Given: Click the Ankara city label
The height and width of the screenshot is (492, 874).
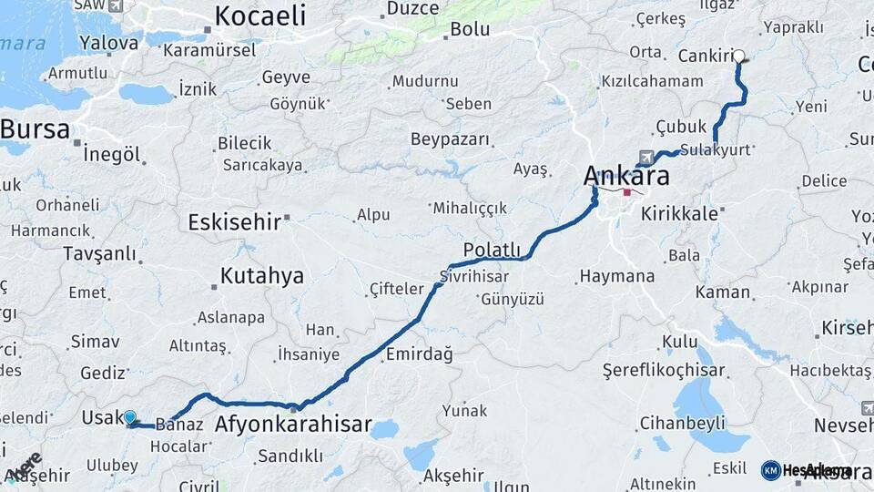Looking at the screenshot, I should [626, 175].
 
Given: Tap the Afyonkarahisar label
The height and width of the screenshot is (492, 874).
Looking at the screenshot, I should [293, 424].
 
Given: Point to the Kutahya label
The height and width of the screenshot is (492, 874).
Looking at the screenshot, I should [261, 276].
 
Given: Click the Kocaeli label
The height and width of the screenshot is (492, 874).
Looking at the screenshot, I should [259, 15].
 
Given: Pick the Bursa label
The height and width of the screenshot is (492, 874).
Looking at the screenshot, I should [35, 129].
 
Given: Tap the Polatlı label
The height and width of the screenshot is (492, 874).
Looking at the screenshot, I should [492, 250].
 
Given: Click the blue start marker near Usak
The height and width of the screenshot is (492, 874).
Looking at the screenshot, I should [130, 417].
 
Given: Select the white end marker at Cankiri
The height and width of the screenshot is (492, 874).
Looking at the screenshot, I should [739, 56].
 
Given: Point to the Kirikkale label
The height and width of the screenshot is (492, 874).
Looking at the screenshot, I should [679, 213].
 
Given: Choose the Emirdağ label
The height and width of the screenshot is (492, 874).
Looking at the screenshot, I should [420, 354].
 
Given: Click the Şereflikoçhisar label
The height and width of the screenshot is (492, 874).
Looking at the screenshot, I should [664, 370].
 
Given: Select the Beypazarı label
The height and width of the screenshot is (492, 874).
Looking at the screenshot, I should [450, 139].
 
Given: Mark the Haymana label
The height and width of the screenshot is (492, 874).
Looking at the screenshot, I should [617, 275].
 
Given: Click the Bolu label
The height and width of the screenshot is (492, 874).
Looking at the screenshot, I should [470, 29].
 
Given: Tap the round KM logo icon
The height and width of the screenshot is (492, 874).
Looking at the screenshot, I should [770, 470].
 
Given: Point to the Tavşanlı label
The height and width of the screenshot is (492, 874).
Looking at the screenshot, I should [99, 253].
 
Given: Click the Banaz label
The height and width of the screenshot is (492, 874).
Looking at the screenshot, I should [178, 424].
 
